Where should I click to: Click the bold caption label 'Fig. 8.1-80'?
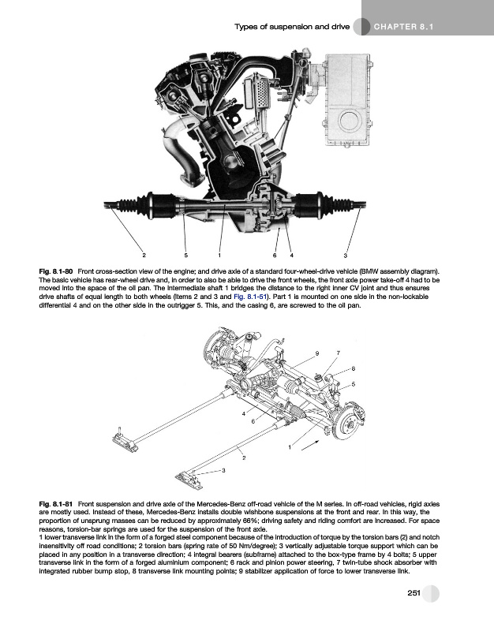[x=56, y=271]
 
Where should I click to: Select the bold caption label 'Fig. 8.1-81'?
[x=56, y=502]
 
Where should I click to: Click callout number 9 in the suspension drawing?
[x=316, y=352]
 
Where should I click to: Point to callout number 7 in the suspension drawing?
[x=338, y=352]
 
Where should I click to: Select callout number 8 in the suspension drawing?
[x=353, y=368]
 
